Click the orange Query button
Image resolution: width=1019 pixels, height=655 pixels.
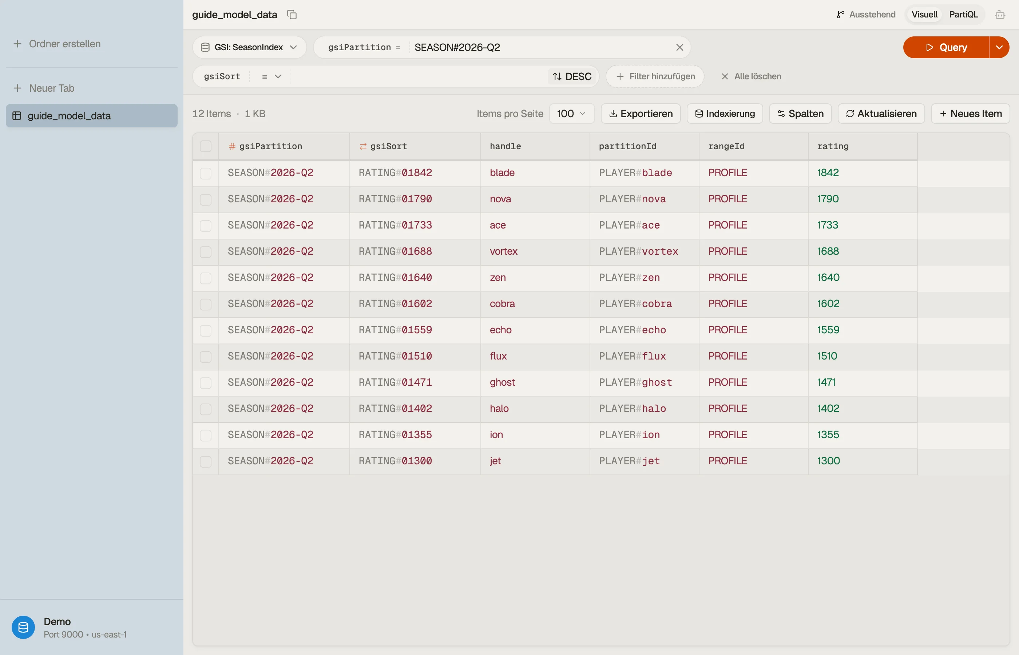946,47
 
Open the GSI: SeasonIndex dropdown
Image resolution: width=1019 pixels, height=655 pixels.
249,47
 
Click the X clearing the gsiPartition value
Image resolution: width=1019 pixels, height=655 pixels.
679,47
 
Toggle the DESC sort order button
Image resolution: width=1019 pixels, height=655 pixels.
572,76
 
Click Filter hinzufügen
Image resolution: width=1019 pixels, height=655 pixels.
655,76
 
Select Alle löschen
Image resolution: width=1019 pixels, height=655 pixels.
751,76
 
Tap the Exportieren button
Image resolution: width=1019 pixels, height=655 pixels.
641,114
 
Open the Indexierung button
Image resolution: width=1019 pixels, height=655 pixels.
725,114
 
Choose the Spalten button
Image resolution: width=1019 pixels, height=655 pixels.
800,114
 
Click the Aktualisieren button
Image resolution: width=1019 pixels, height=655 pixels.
881,114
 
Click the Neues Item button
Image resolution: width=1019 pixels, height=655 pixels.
971,114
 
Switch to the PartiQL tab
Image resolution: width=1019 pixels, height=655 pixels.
963,15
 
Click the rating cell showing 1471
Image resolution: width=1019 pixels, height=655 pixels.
826,382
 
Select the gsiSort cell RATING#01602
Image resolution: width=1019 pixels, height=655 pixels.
395,304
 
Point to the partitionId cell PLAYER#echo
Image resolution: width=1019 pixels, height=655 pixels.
633,330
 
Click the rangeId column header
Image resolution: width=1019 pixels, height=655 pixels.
726,146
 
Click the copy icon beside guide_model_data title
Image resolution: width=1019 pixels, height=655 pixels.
292,15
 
